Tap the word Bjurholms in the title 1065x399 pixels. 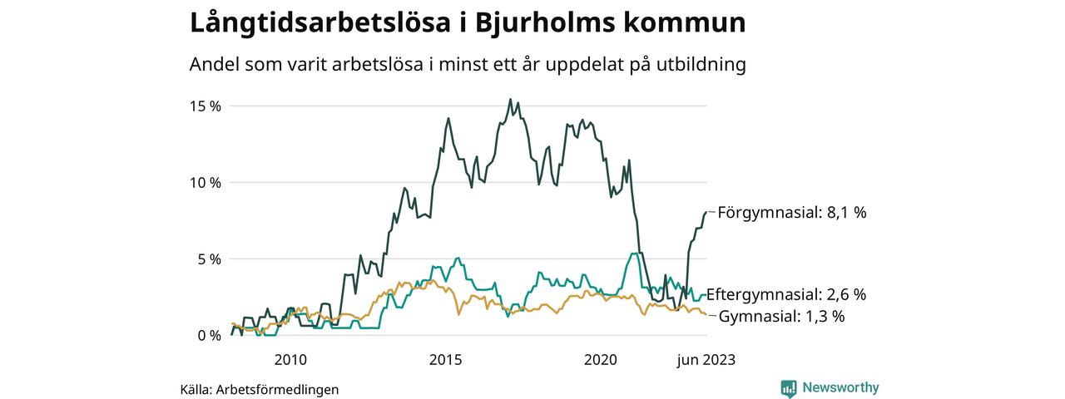click(533, 23)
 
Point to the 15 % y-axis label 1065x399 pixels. click(205, 106)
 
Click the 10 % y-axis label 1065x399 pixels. click(205, 183)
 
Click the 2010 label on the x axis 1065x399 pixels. click(290, 360)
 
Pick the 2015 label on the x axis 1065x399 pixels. click(445, 360)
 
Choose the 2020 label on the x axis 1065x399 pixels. click(601, 360)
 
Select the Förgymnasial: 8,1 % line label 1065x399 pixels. click(791, 213)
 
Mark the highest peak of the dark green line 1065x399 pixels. click(510, 99)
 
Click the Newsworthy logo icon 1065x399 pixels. click(789, 388)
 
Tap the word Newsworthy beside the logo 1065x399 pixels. click(840, 387)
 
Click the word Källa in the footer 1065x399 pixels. click(196, 389)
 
